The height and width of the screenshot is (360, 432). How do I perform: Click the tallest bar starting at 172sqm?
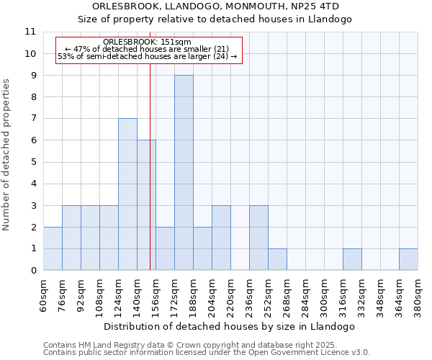pyautogui.click(x=184, y=173)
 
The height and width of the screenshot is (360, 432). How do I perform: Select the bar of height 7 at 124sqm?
pyautogui.click(x=127, y=194)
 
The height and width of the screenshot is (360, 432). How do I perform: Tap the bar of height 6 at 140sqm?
pyautogui.click(x=146, y=205)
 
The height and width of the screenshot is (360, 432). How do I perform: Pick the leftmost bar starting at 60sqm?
pyautogui.click(x=53, y=248)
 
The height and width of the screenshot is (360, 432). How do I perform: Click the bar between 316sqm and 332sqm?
pyautogui.click(x=352, y=259)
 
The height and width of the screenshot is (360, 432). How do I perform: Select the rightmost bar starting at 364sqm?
pyautogui.click(x=408, y=259)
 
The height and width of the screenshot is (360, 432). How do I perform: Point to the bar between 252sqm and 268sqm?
pyautogui.click(x=277, y=259)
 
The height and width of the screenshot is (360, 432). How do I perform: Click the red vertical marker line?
pyautogui.click(x=150, y=180)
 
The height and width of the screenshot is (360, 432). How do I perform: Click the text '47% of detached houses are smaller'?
pyautogui.click(x=147, y=49)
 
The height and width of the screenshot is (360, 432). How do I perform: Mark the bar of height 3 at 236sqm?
pyautogui.click(x=258, y=238)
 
